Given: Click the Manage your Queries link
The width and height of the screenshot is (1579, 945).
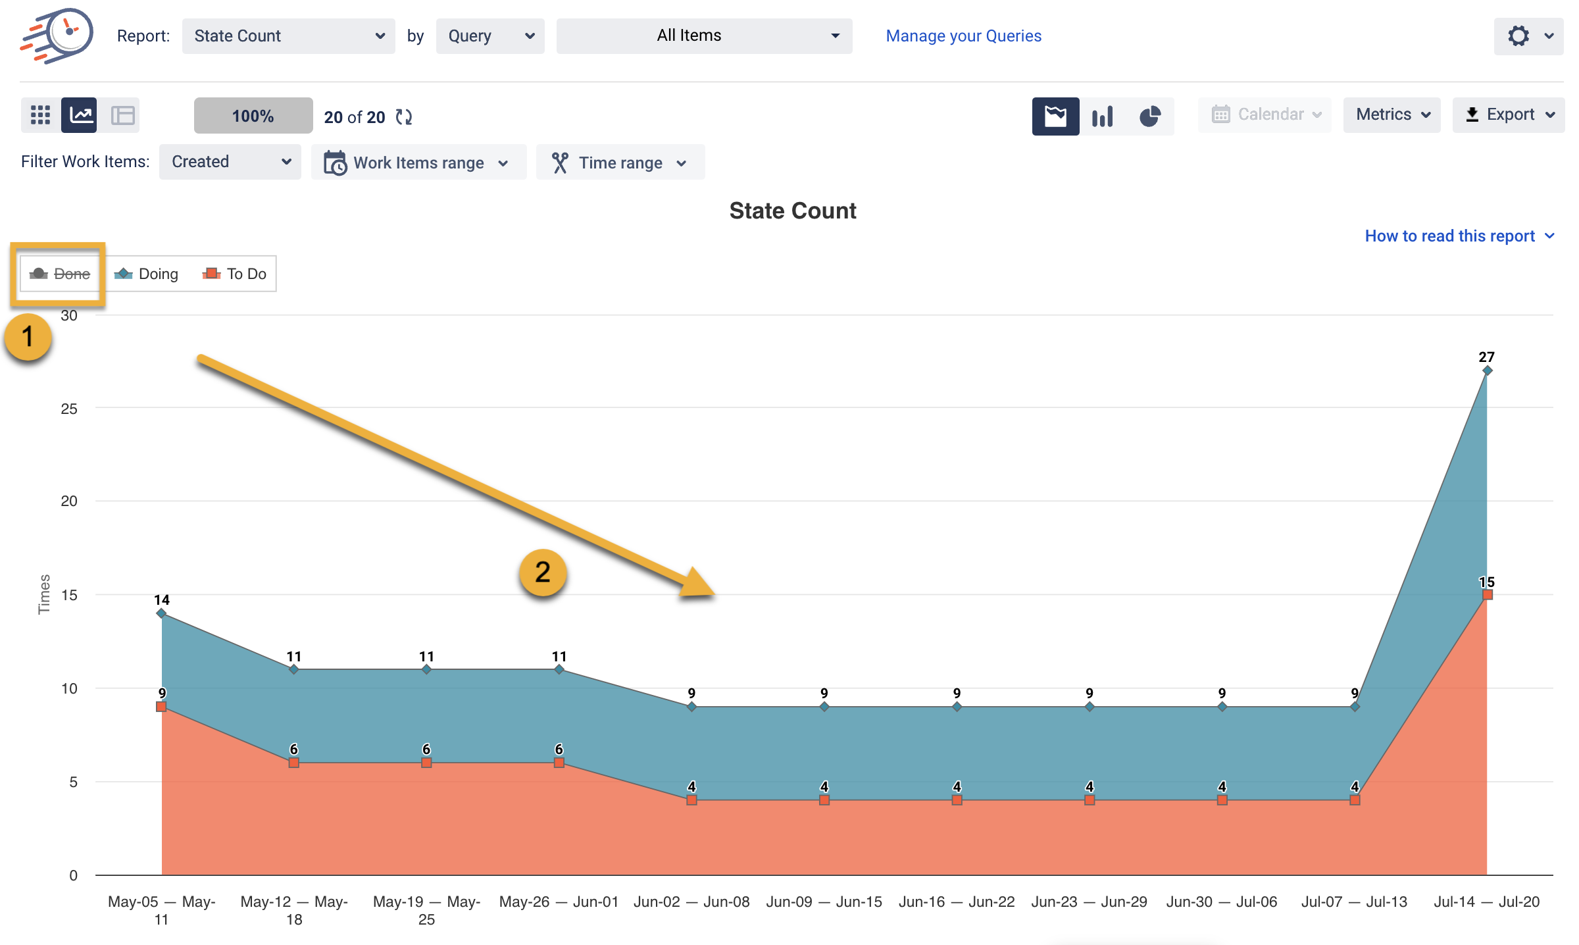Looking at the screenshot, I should (963, 36).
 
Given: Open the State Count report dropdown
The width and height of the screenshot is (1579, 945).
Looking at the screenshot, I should (288, 36).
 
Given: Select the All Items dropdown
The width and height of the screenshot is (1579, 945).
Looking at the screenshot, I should (703, 36).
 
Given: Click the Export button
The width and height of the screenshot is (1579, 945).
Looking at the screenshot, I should (1508, 115).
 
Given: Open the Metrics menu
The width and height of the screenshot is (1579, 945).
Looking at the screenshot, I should (1391, 115).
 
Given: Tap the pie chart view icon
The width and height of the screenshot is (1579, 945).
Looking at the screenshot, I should (1149, 116).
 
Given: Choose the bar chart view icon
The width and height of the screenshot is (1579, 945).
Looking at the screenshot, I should (1102, 116).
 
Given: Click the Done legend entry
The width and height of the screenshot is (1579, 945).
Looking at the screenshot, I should (61, 274).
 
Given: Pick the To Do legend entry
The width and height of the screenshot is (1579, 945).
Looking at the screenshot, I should (235, 274).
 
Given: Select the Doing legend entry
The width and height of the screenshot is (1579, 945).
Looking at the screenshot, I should (147, 274).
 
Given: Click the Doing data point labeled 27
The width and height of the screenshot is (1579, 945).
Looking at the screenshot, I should (1487, 371).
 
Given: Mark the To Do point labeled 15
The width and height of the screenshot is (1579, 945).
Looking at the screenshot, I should (1487, 595).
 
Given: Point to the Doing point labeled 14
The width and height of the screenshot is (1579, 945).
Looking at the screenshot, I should (161, 613).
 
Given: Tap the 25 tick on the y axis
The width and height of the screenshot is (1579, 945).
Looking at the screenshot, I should (69, 409).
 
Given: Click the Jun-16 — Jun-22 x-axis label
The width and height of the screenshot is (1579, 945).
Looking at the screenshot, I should (957, 902).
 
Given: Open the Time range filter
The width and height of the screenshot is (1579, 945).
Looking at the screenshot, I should (620, 163).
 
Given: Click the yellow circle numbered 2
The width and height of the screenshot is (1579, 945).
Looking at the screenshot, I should (543, 573).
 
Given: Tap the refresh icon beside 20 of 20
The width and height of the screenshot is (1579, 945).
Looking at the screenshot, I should (403, 117).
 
